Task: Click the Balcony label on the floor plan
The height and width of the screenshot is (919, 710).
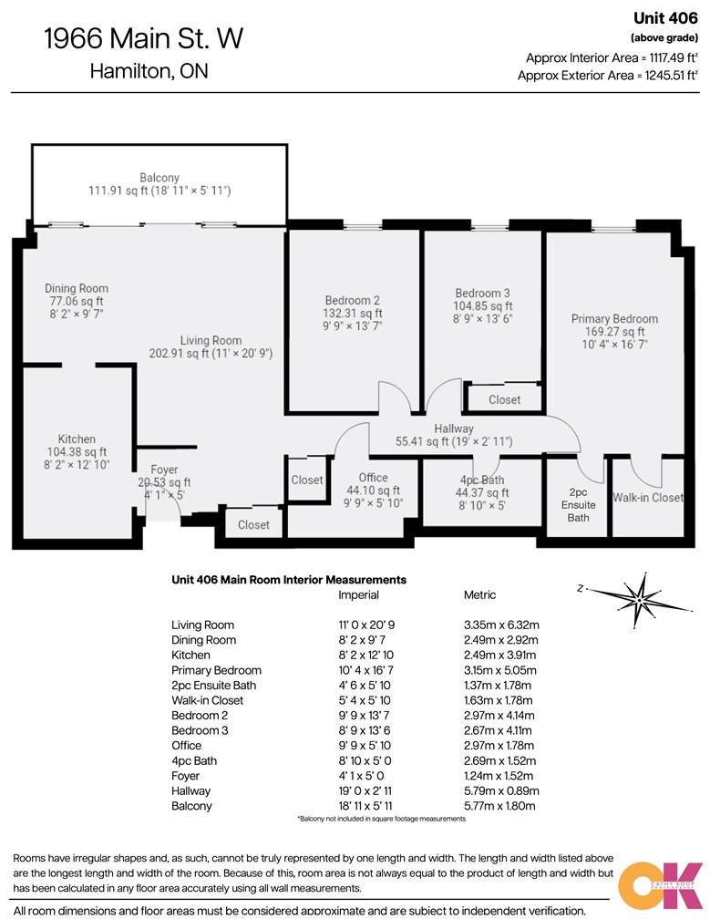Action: click(x=159, y=178)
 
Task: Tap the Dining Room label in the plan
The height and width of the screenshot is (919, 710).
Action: click(x=77, y=289)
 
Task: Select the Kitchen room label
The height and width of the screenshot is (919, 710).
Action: click(x=77, y=439)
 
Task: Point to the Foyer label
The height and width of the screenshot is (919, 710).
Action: click(x=164, y=470)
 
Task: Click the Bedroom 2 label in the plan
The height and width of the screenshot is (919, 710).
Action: click(x=352, y=301)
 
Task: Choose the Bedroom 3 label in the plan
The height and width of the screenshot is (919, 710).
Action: click(x=482, y=294)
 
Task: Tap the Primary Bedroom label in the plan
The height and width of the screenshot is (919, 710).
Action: click(x=614, y=319)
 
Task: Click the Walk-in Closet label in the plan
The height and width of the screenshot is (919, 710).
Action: click(x=647, y=498)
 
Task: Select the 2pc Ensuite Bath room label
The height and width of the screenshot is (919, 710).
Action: click(x=579, y=504)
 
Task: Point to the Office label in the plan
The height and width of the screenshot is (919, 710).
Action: click(x=373, y=478)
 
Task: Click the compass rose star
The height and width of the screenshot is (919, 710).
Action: click(x=643, y=597)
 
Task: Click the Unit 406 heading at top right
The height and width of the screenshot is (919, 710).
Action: click(x=665, y=16)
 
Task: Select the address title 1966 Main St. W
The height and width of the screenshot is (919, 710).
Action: click(x=144, y=39)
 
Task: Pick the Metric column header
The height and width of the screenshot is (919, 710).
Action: click(x=479, y=595)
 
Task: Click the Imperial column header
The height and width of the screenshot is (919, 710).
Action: click(x=358, y=595)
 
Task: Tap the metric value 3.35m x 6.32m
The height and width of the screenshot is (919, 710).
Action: click(x=501, y=625)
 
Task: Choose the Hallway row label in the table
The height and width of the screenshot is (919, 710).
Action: click(x=190, y=791)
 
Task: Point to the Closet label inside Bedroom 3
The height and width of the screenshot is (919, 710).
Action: click(x=504, y=399)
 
